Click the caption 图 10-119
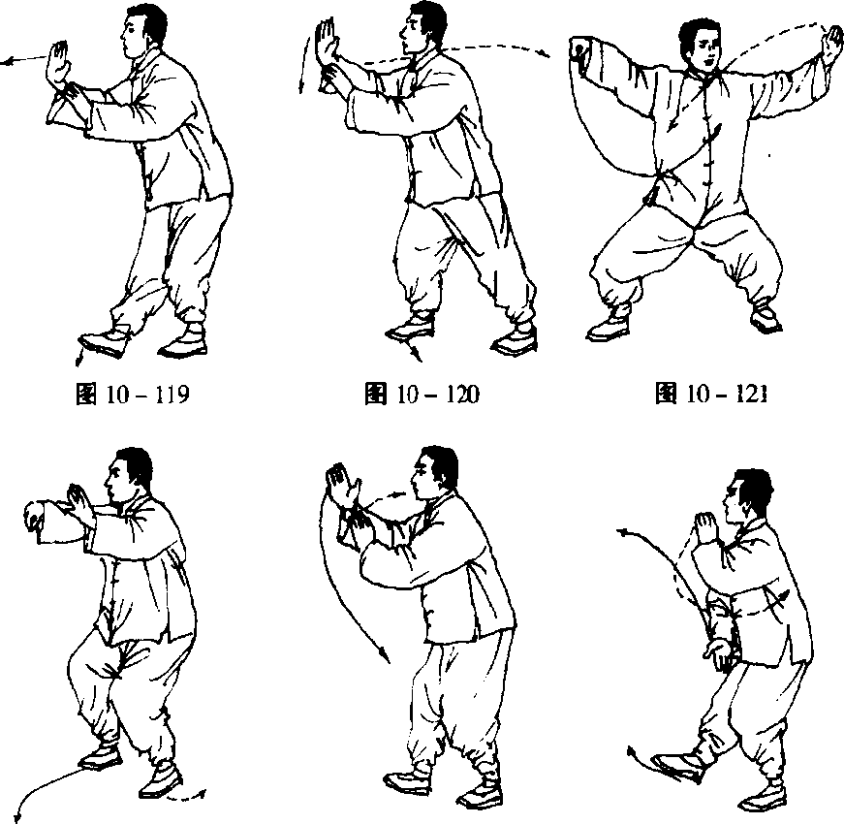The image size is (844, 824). [x=133, y=395]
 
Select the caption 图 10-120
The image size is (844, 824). [x=422, y=394]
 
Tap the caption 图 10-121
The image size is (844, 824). [x=711, y=394]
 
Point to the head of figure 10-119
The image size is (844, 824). [x=142, y=30]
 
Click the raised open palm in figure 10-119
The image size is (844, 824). [x=57, y=65]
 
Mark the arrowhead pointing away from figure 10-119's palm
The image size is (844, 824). [x=7, y=62]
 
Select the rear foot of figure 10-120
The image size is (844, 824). [x=516, y=339]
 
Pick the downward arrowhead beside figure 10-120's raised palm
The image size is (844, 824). [x=302, y=86]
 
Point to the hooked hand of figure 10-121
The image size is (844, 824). [x=578, y=50]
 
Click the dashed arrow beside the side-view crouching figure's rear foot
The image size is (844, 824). [x=186, y=797]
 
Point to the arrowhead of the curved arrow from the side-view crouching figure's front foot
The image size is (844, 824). [x=19, y=816]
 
